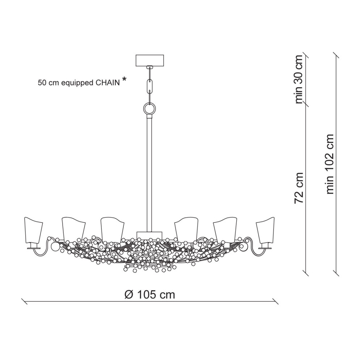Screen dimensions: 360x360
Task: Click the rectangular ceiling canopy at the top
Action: [x=150, y=60]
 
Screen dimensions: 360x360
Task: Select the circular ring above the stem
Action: [x=150, y=108]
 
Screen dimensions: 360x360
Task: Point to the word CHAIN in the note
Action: [x=107, y=83]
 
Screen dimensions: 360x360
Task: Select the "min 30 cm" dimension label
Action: [x=299, y=79]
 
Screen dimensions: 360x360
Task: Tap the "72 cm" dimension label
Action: [x=299, y=188]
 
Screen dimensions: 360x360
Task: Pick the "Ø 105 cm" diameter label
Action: [x=149, y=295]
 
